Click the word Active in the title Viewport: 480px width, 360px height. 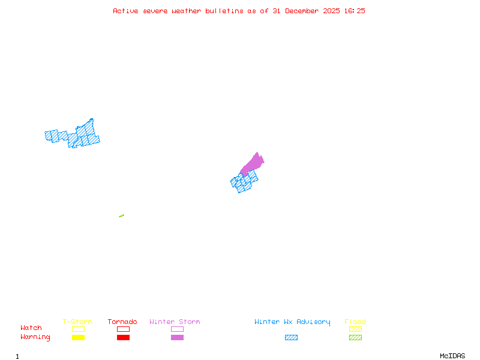pos(125,11)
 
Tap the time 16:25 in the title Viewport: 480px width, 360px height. pos(354,11)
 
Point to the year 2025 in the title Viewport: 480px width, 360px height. pos(332,11)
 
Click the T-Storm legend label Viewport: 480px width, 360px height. pos(77,322)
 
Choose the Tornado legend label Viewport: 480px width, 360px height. pos(122,322)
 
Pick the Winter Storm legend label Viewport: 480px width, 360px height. pos(175,322)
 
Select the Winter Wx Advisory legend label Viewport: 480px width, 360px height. pos(292,322)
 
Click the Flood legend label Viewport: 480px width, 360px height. pos(355,322)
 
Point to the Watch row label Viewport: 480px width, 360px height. pos(31,328)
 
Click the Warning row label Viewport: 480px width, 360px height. pos(35,337)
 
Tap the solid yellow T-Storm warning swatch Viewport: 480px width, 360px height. pos(78,338)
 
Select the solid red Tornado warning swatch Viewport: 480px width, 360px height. pos(123,338)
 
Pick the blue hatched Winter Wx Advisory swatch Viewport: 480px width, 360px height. pos(291,338)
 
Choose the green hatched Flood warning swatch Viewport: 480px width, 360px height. pos(355,338)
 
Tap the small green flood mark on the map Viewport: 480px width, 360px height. pos(121,215)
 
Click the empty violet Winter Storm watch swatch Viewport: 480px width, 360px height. pos(177,329)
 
